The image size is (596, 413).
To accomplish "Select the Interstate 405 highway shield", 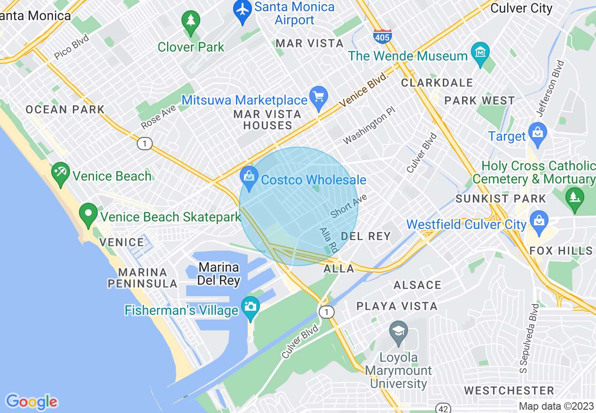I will (383, 36).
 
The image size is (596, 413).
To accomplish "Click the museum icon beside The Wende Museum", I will (480, 53).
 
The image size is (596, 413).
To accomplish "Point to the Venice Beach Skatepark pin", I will (88, 214).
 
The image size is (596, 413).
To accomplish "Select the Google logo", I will (31, 401).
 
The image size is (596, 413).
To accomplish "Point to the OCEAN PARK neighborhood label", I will (65, 109).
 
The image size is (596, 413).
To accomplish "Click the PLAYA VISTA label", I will (397, 306).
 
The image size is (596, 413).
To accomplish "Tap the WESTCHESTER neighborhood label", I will (509, 390).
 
